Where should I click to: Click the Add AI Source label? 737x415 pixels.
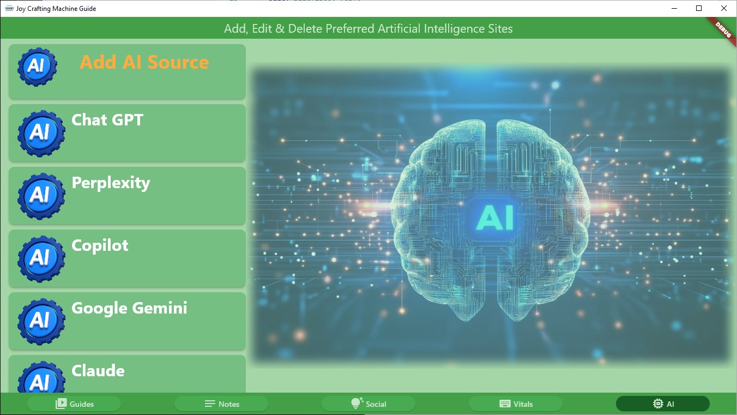(144, 62)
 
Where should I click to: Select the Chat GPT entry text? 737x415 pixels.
(107, 120)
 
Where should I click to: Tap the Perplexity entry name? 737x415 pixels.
(111, 183)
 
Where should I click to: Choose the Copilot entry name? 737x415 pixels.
(100, 246)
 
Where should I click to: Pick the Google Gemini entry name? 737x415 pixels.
(129, 308)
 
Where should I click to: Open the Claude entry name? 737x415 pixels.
(98, 371)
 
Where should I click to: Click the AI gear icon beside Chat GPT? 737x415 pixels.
(41, 133)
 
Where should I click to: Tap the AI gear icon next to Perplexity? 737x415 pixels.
(41, 196)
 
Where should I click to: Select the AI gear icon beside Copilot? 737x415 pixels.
(41, 259)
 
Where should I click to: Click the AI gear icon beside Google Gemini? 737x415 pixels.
(41, 322)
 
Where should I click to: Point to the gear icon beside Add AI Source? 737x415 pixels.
(37, 67)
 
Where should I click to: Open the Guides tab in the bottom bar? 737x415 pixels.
(74, 404)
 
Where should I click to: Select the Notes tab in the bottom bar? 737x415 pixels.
(221, 404)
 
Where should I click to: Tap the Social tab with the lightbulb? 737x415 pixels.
(368, 404)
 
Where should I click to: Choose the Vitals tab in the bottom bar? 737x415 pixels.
(516, 404)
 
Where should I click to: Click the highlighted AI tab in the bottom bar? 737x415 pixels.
(663, 404)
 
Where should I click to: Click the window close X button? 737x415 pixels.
(724, 8)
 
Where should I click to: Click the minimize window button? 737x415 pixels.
(674, 8)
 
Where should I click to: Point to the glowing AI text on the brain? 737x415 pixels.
(495, 217)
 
